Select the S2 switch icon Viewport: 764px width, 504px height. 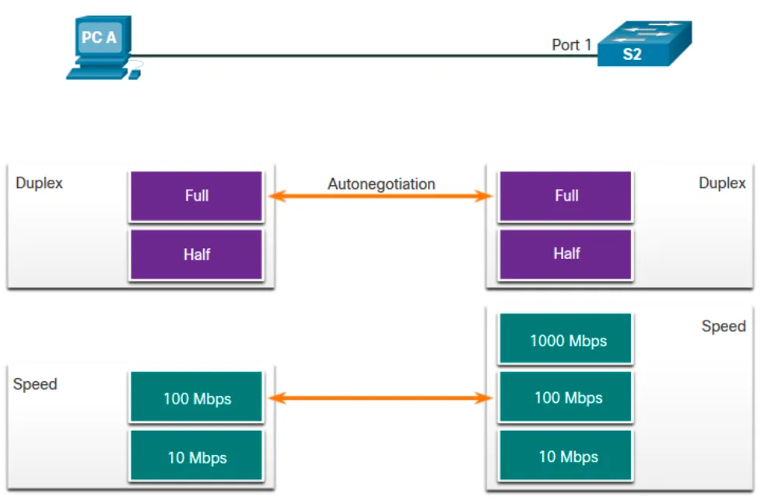pos(643,44)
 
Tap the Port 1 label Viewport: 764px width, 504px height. pos(571,45)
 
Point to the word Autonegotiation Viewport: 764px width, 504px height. pos(381,184)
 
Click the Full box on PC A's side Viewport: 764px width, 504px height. pos(197,196)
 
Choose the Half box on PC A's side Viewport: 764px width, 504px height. pos(197,254)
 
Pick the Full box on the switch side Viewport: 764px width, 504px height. pos(566,196)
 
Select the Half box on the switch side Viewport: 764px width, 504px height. pos(566,254)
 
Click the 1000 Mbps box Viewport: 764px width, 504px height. pos(566,340)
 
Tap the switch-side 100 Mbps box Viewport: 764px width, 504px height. pos(566,398)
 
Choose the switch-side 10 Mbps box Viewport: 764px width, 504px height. pos(566,457)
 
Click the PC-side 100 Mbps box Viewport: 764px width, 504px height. pos(197,399)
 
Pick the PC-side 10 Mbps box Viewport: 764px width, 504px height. pos(197,457)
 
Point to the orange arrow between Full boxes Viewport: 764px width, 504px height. pos(381,197)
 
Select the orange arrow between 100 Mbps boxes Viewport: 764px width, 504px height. pos(381,398)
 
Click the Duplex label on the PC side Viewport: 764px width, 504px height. pos(39,184)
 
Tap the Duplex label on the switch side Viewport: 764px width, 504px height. pos(722,184)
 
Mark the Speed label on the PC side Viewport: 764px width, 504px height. pos(35,384)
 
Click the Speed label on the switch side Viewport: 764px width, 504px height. pos(724,327)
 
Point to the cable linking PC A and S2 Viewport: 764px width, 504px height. pos(350,55)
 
